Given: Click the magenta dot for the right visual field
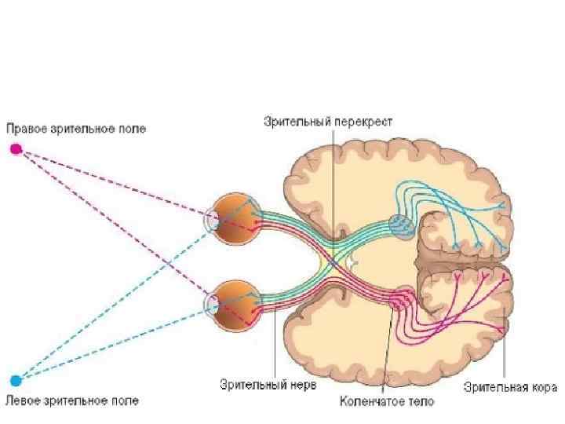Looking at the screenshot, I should (16, 149).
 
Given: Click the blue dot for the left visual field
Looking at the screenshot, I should (16, 381).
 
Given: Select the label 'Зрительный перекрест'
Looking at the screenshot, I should (328, 122).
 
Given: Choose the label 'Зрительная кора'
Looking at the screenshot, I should (510, 386).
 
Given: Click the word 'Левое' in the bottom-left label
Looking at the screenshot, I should (23, 400).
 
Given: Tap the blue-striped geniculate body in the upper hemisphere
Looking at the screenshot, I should (400, 225).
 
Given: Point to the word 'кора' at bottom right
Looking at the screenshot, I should (543, 386).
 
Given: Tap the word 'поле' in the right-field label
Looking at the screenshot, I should (130, 128).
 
